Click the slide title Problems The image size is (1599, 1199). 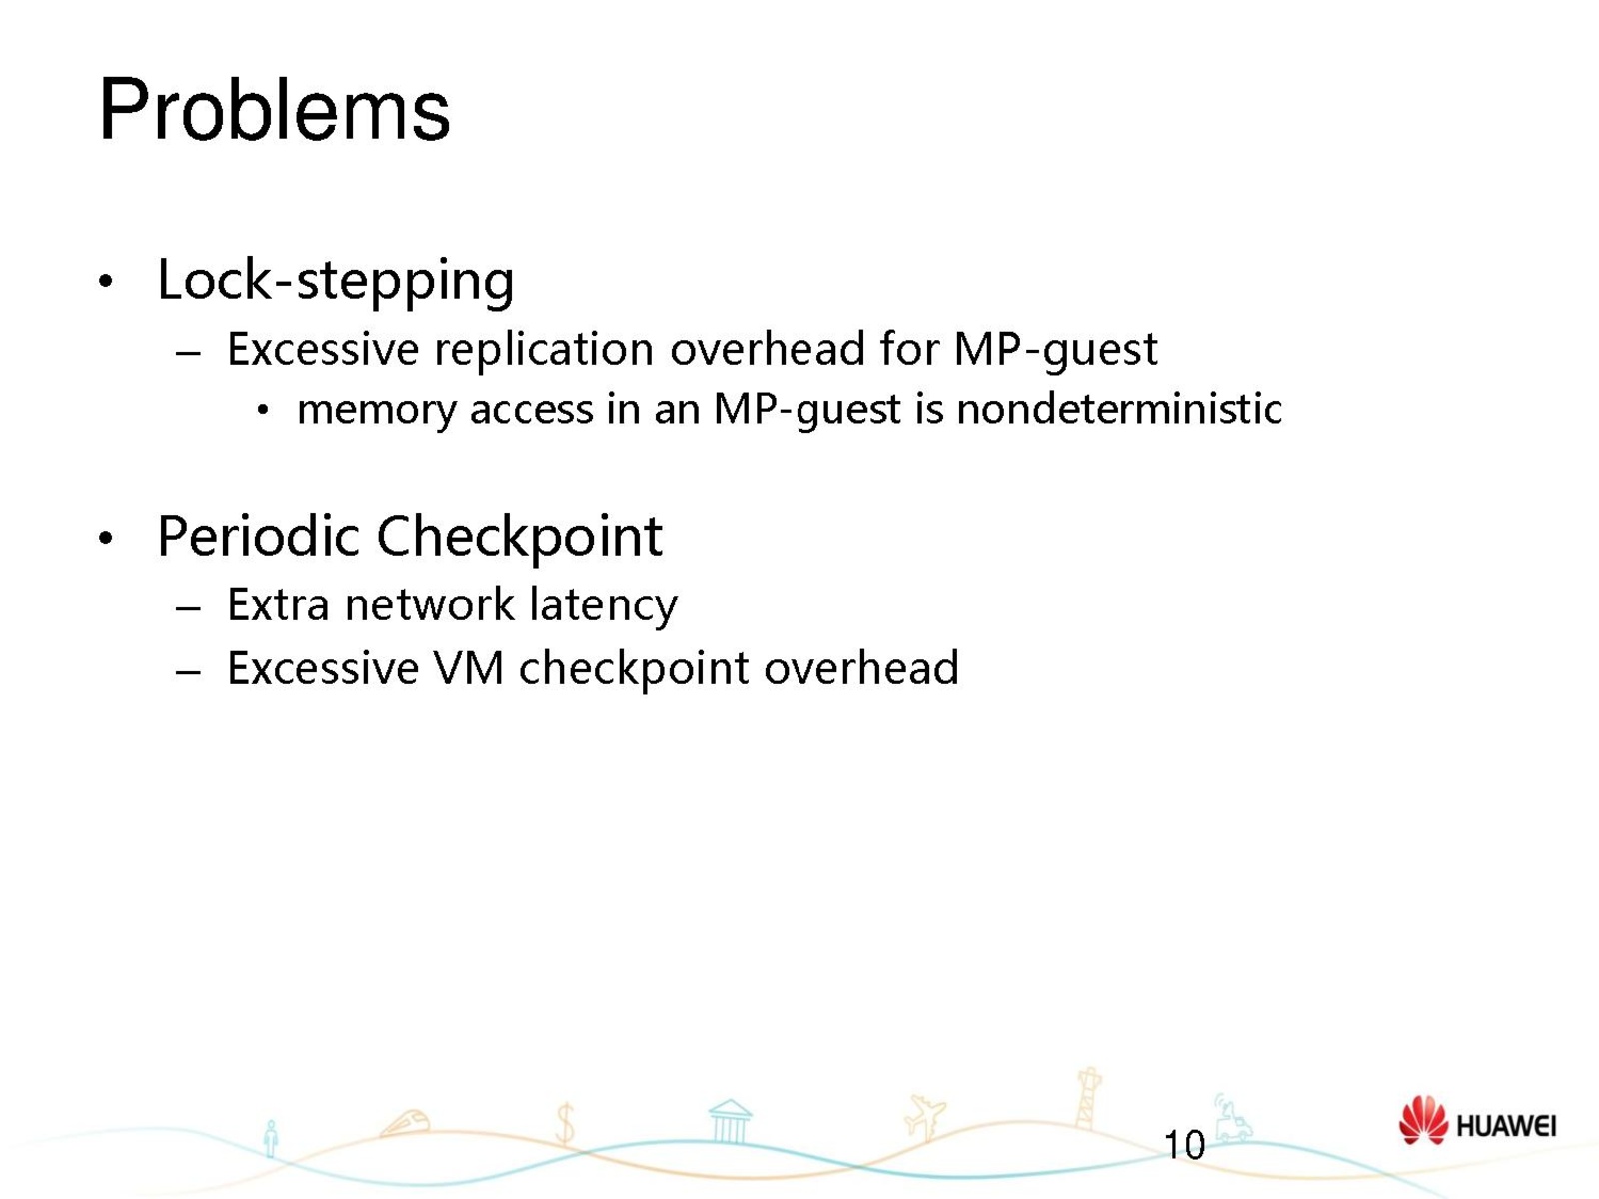click(274, 111)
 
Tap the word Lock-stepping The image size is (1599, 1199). click(335, 282)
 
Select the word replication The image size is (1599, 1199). click(544, 349)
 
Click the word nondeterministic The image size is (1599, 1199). click(1119, 408)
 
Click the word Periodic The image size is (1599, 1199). click(259, 537)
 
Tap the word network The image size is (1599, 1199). click(430, 604)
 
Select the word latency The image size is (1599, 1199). click(604, 606)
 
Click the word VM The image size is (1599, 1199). click(469, 668)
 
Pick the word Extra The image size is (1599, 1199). click(278, 604)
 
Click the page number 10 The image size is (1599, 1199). click(1184, 1145)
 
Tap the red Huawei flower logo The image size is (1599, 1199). click(1423, 1121)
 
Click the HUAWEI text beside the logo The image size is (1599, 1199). click(1506, 1126)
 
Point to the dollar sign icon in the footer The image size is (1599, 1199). click(565, 1123)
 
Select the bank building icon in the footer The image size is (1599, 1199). click(730, 1121)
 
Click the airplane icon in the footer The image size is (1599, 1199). click(925, 1117)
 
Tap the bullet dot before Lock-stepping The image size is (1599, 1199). click(106, 281)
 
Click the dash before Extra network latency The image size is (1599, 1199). click(188, 607)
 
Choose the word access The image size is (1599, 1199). click(532, 409)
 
